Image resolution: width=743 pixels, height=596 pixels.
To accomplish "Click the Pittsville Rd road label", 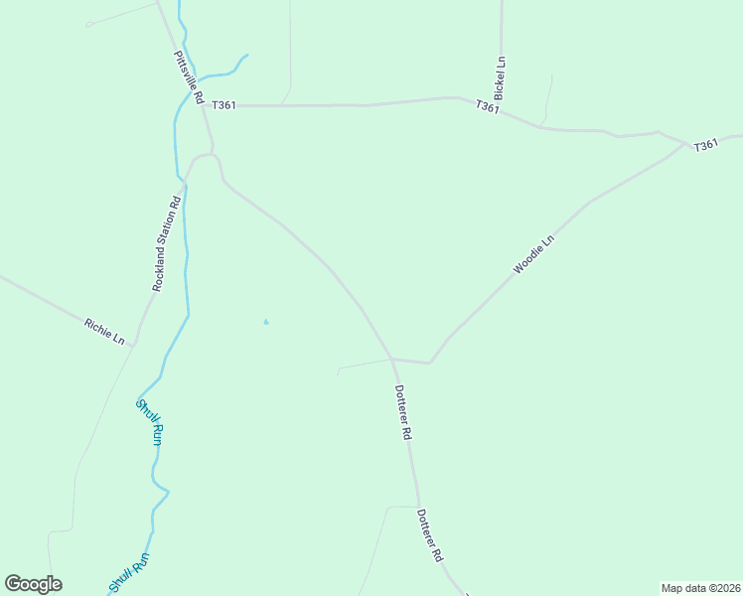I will pos(188,78).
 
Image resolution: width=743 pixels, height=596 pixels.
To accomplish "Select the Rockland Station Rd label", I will pos(166,243).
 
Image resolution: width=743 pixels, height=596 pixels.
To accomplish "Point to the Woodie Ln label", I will pos(532,254).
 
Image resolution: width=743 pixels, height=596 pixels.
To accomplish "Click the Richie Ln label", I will pos(104,331).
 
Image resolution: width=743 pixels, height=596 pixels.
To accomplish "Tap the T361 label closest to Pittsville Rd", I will pos(223,105).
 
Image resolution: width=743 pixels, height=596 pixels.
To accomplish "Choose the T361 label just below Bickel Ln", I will pos(487,106).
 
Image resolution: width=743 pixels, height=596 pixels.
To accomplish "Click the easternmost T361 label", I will pos(705,145).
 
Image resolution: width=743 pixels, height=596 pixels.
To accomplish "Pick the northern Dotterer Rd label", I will pos(402,412).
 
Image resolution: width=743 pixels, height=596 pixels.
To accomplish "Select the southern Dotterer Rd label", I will pos(428,536).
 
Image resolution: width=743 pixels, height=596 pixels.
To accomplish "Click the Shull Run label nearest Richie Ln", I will pos(150,421).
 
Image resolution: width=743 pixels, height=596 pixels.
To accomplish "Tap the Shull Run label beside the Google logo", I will pos(128,573).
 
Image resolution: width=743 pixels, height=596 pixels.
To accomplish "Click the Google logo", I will pos(33,584).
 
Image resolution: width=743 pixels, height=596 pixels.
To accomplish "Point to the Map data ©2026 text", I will pos(700,588).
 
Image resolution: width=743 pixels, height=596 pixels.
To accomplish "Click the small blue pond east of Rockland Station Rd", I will pos(265,322).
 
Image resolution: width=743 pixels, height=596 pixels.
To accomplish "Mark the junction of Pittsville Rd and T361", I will pos(207,104).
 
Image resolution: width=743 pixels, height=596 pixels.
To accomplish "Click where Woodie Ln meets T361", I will pos(685,145).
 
